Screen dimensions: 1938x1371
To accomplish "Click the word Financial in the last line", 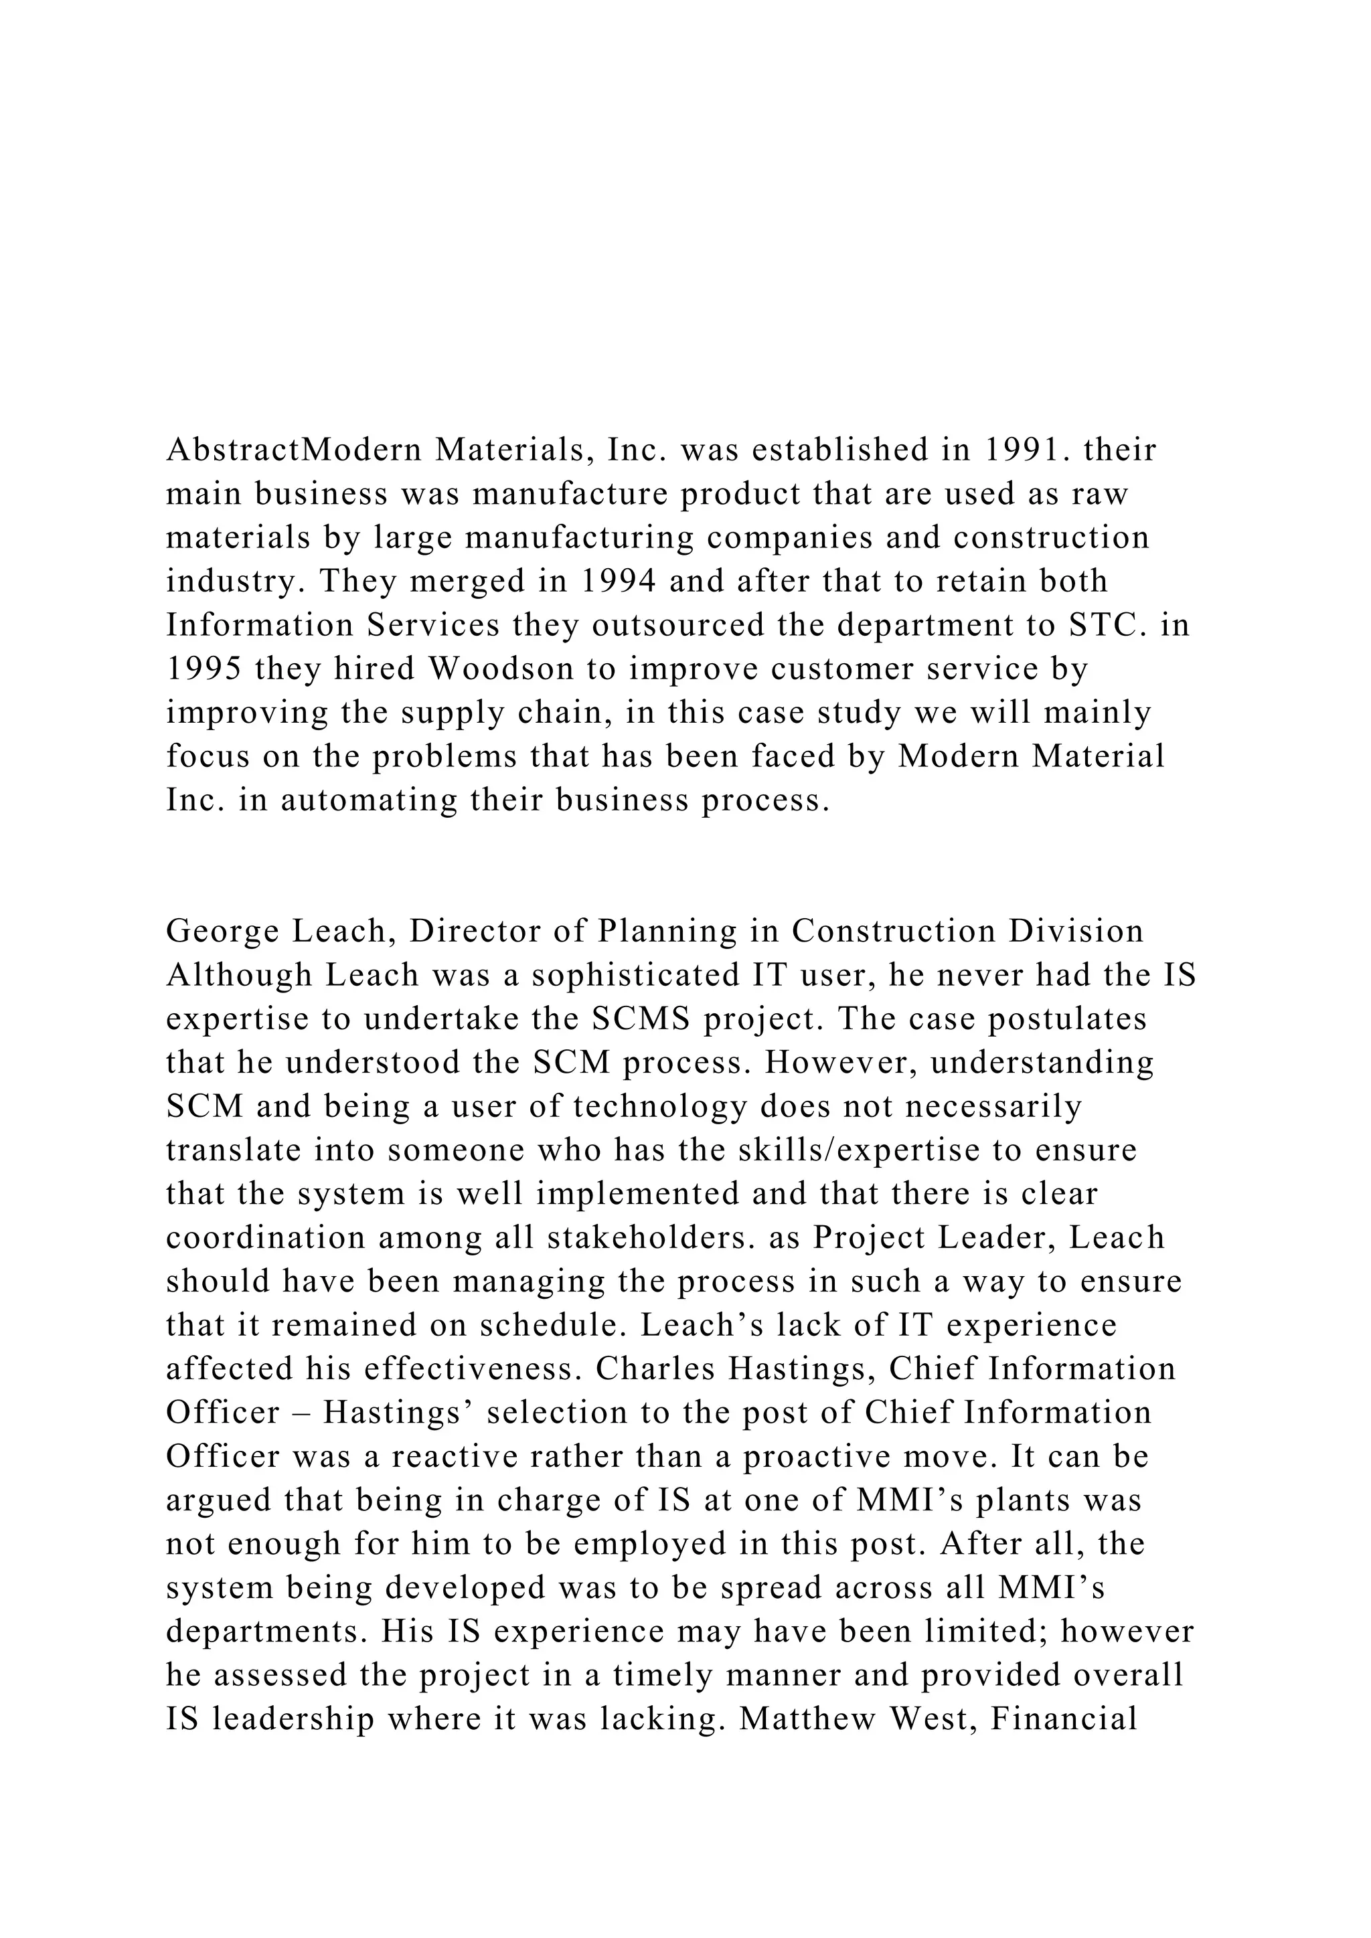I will click(x=1064, y=1719).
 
